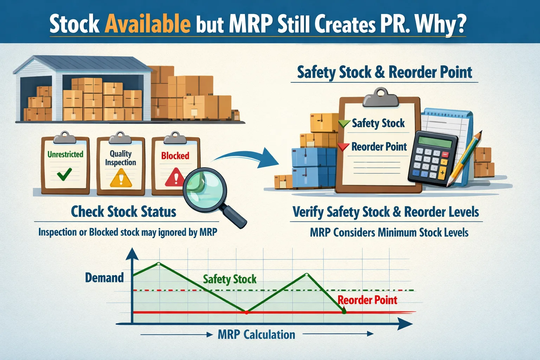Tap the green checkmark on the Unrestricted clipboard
point(65,174)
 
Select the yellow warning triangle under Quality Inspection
point(121,178)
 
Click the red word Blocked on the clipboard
point(175,156)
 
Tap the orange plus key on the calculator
point(442,173)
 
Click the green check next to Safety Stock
point(344,123)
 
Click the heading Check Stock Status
point(123,212)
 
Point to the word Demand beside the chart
point(104,278)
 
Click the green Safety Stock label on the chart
point(230,279)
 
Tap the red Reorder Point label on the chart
point(367,300)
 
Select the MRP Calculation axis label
point(256,334)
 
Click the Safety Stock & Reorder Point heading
point(385,72)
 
